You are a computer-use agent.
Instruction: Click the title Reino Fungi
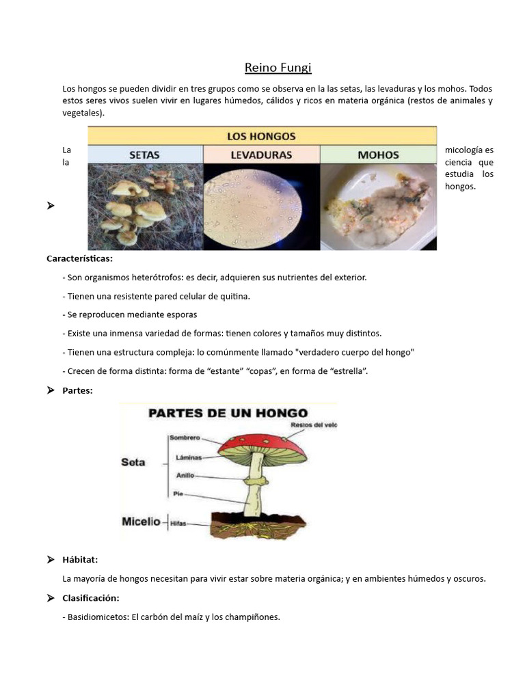pos(278,67)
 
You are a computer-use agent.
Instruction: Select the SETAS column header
pos(145,154)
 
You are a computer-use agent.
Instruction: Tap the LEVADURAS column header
pos(261,154)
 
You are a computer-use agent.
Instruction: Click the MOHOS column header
pos(378,154)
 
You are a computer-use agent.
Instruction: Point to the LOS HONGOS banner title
pos(261,135)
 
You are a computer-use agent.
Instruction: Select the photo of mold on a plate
pos(378,206)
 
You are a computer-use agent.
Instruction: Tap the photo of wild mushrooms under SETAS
pos(145,206)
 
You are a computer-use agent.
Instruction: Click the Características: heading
pos(80,259)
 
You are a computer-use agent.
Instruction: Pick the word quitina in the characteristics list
pos(235,296)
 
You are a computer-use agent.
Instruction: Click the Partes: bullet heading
pos(77,390)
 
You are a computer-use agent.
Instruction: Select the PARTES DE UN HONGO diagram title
pos(228,413)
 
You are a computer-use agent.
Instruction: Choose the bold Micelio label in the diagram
pos(141,522)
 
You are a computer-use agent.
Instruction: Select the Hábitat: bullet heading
pos(80,559)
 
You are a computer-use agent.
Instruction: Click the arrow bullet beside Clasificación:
pos(51,598)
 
